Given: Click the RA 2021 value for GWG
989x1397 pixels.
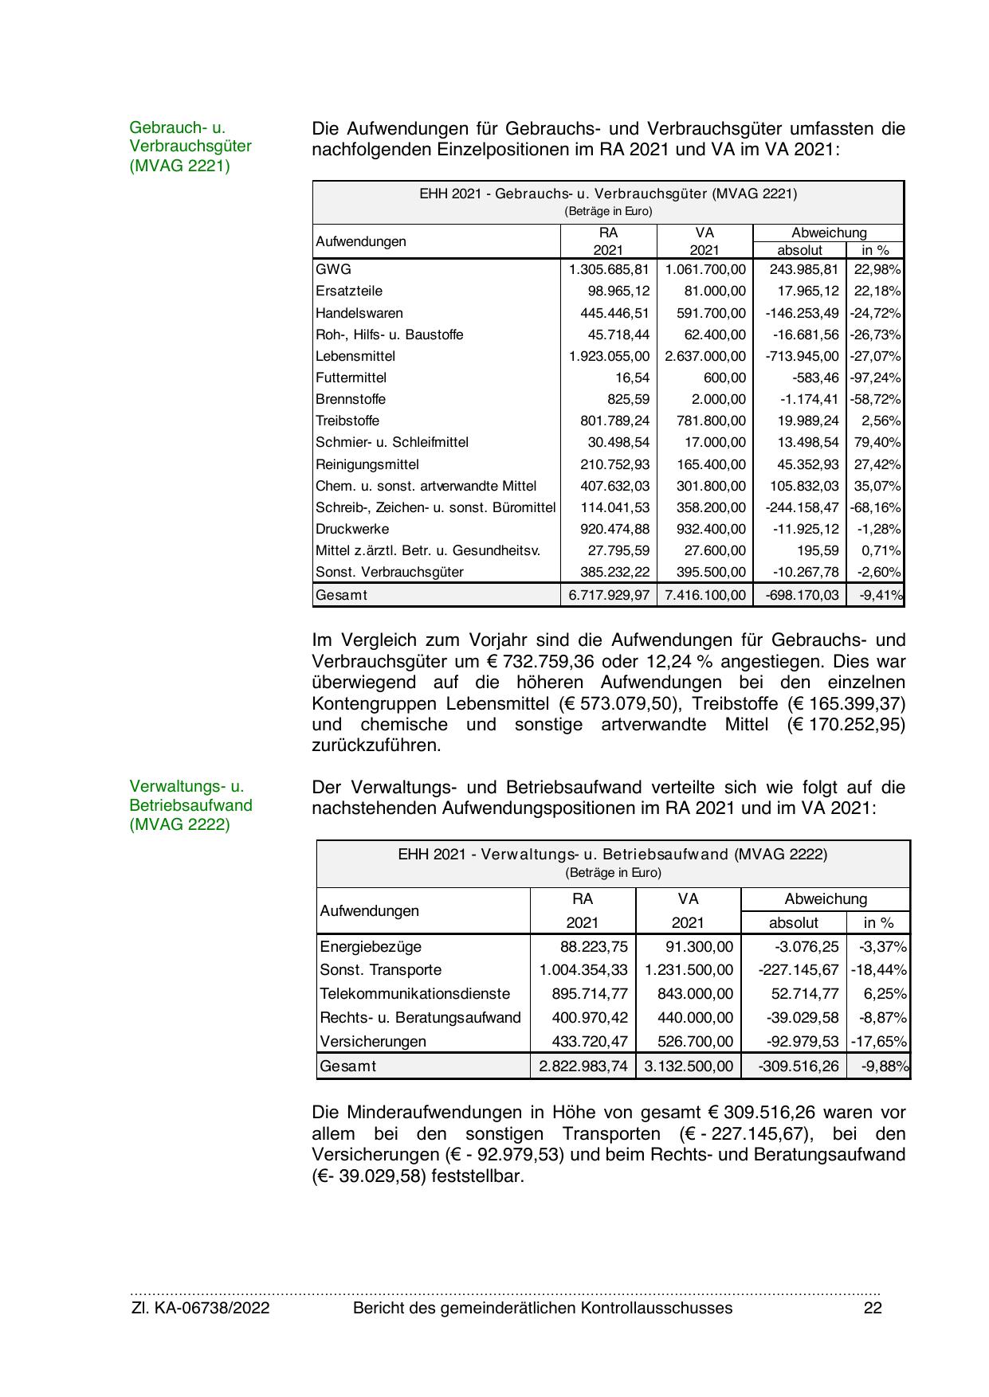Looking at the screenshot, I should coord(609,269).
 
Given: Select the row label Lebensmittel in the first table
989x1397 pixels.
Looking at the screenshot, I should coord(355,356).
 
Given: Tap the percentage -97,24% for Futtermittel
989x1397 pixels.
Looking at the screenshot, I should coord(875,378).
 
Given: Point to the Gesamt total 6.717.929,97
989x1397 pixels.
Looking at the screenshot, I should coord(609,594).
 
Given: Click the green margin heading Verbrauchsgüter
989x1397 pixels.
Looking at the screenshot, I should coord(190,146).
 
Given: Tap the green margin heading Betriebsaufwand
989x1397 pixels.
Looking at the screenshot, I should coord(190,804).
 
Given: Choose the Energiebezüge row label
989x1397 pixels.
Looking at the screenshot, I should coord(371,946).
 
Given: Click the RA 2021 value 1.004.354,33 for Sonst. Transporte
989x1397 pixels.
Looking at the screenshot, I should coord(583,969).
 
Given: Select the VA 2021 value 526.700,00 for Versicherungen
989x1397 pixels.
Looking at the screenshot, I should coord(689,1041).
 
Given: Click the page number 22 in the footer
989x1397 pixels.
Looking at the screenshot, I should coord(873,1308).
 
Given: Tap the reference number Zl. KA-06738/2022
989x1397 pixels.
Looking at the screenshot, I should coord(200,1308).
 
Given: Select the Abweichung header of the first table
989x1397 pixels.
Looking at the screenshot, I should coord(829,233).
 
